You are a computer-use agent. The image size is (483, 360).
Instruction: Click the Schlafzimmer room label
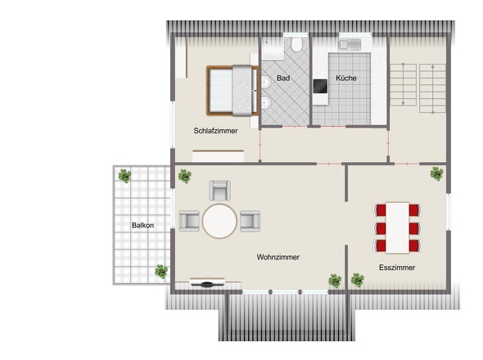[x=215, y=131]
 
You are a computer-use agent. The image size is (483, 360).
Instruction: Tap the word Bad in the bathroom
[x=283, y=79]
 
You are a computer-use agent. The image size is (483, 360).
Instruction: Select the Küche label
[x=346, y=79]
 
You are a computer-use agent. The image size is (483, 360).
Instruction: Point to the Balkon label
[x=142, y=226]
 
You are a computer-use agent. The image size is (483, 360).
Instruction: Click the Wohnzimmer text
[x=278, y=257]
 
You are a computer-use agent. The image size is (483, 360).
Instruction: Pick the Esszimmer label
[x=397, y=268]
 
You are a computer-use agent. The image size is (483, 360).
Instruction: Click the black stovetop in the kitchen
[x=320, y=86]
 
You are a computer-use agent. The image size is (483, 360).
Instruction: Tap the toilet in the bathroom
[x=297, y=44]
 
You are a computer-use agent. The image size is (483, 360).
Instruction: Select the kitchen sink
[x=350, y=45]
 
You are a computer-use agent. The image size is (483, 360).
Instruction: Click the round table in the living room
[x=219, y=221]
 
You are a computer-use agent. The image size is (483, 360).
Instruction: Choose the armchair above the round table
[x=219, y=191]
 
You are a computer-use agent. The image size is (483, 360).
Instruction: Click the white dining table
[x=397, y=228]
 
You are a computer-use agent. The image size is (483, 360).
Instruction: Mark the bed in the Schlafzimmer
[x=232, y=91]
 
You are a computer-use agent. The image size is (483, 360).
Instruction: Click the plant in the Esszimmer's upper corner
[x=437, y=173]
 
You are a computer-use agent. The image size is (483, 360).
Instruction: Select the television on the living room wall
[x=207, y=283]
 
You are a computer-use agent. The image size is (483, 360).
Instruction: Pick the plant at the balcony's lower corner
[x=161, y=272]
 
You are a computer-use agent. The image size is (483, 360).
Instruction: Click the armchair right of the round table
[x=251, y=221]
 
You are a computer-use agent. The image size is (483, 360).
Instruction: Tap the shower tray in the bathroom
[x=273, y=48]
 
